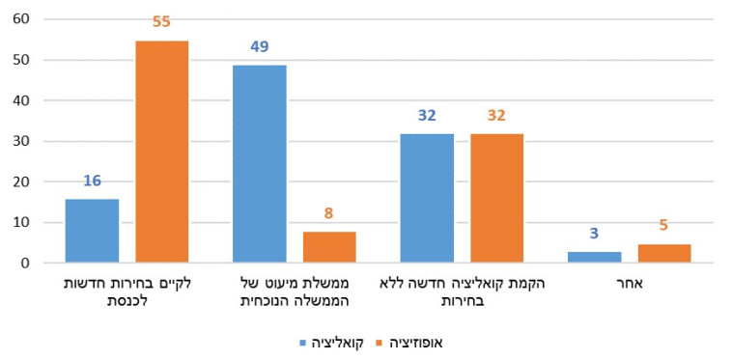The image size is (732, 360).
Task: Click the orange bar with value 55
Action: pos(161,152)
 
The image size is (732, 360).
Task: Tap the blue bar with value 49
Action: pos(260,163)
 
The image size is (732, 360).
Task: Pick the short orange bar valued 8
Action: pos(329,247)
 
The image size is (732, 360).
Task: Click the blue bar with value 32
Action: pos(427,198)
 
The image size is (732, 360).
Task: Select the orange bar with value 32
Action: pos(496,198)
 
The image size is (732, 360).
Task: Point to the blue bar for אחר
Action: pos(595,257)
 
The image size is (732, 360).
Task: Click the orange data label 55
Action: pos(161,21)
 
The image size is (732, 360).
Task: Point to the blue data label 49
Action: pos(260,46)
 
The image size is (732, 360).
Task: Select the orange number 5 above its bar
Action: pos(664,226)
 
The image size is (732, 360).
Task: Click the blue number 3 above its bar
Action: pos(595,234)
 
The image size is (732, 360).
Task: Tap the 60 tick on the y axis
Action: pos(21,19)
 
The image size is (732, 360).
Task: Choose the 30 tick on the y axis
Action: pos(21,141)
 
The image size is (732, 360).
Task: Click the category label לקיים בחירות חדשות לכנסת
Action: pos(126,291)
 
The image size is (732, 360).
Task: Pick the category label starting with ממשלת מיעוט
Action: pos(294,291)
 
